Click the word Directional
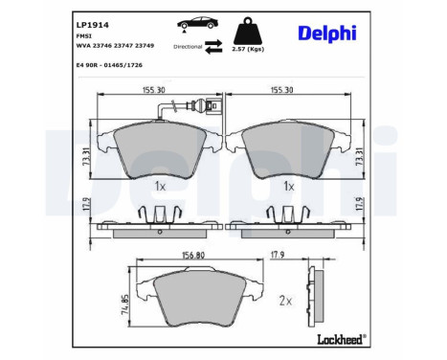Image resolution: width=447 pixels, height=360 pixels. point(188,46)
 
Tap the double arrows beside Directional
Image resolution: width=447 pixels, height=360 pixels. point(216,45)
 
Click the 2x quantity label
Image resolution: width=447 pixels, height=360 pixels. point(284,300)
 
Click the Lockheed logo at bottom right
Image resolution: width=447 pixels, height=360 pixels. point(339,339)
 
